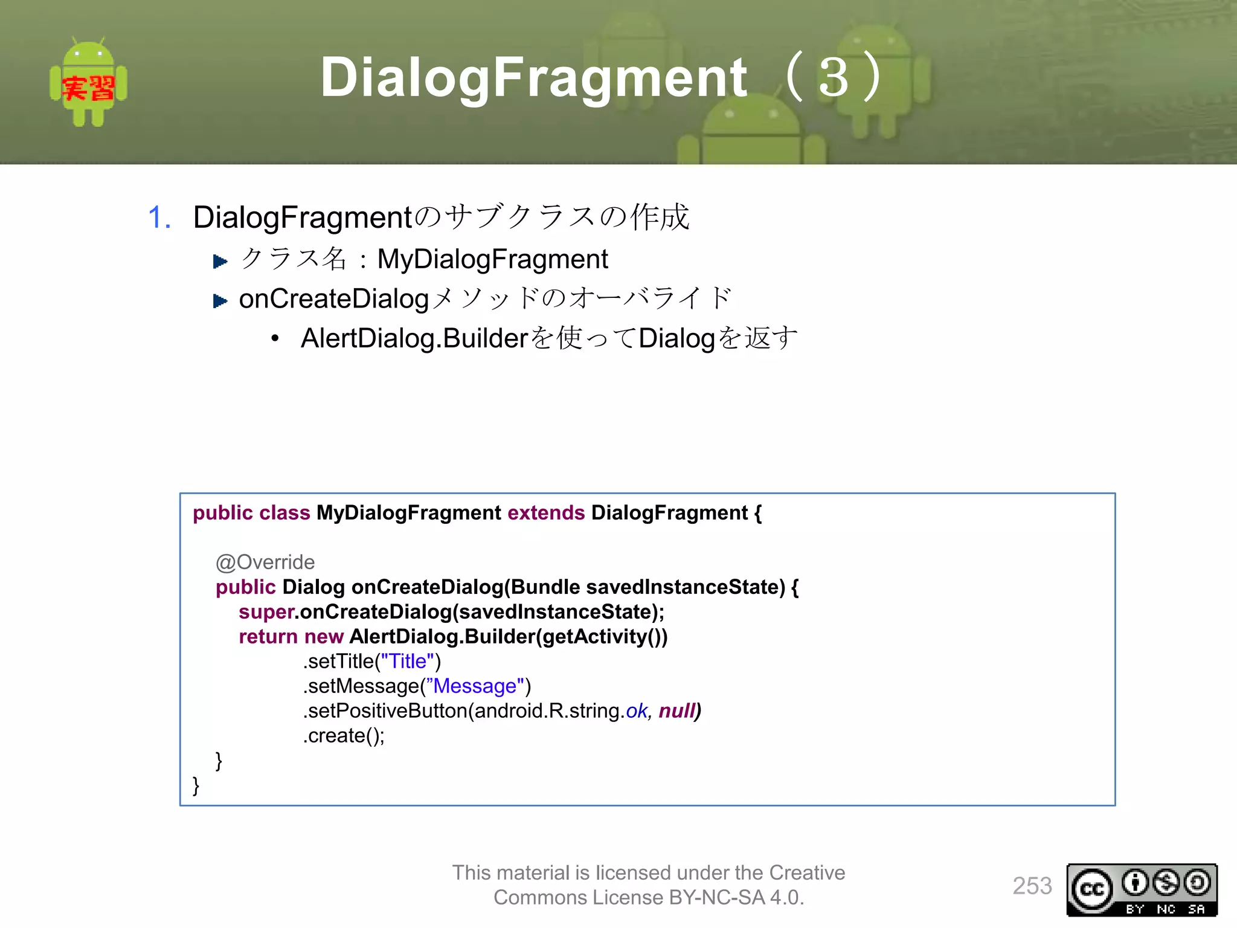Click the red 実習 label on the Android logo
pos(88,88)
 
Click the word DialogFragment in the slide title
pos(534,77)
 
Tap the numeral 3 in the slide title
pos(834,77)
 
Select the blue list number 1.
pos(159,217)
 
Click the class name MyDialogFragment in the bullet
pos(492,259)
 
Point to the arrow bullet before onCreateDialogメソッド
pos(220,300)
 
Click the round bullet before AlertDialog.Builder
pos(275,338)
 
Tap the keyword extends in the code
pos(546,513)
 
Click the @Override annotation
pos(265,562)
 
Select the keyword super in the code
pos(266,612)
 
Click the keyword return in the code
pos(268,637)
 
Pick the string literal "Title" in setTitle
pos(408,662)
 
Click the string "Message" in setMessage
pos(475,686)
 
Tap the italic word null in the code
pos(678,711)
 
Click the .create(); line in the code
pos(344,736)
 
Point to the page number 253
pos(1032,886)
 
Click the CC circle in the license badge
pos(1091,889)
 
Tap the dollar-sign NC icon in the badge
pos(1166,883)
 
